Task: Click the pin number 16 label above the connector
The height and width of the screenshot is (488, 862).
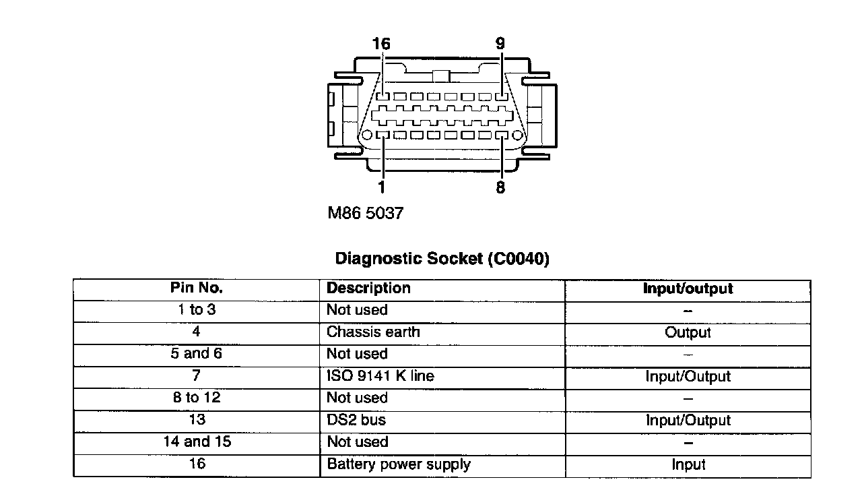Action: pyautogui.click(x=381, y=44)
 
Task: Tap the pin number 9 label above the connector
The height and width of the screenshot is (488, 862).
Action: pyautogui.click(x=500, y=44)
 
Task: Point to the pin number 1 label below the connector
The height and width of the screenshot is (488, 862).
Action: pyautogui.click(x=382, y=187)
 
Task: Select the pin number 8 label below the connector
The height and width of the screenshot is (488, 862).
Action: pyautogui.click(x=500, y=187)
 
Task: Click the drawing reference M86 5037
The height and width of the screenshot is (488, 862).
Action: pyautogui.click(x=365, y=214)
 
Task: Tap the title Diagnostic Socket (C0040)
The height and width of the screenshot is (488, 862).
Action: pyautogui.click(x=442, y=259)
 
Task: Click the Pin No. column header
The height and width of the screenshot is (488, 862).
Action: pyautogui.click(x=196, y=288)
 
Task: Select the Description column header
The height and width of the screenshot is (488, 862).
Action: pyautogui.click(x=368, y=288)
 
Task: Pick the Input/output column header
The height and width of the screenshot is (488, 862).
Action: pyautogui.click(x=688, y=289)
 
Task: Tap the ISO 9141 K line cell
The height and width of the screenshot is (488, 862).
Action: pyautogui.click(x=380, y=376)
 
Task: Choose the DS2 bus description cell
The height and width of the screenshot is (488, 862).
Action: pyautogui.click(x=356, y=420)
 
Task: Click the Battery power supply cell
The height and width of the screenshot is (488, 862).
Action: pyautogui.click(x=399, y=464)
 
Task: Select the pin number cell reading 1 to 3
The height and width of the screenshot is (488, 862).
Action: pyautogui.click(x=196, y=310)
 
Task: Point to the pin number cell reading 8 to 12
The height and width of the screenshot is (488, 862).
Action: pyautogui.click(x=196, y=398)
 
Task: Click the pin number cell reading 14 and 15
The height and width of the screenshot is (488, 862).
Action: pyautogui.click(x=196, y=442)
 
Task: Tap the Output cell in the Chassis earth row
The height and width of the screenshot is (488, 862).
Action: pyautogui.click(x=688, y=332)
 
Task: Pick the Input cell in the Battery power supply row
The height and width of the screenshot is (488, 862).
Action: pyautogui.click(x=688, y=464)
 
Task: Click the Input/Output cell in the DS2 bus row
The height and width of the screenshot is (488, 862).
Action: pyautogui.click(x=688, y=421)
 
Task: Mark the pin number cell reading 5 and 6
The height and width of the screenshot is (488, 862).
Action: pyautogui.click(x=196, y=354)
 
